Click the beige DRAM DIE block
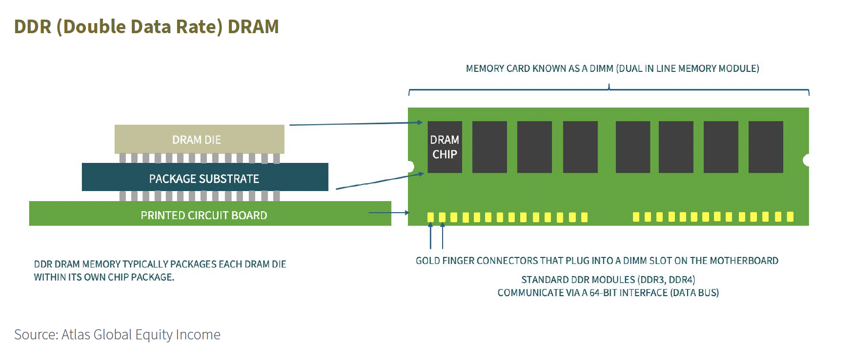(199, 139)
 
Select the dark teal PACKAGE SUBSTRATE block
(205, 177)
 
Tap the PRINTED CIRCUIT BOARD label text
(204, 215)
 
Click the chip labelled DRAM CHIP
(445, 147)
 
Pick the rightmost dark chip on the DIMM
(766, 147)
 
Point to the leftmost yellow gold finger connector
(431, 217)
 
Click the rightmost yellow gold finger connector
(790, 216)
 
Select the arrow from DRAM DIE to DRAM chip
(356, 124)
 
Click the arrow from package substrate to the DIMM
(380, 181)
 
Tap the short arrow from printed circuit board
(389, 213)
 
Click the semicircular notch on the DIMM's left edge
(411, 166)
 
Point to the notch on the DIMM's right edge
(806, 160)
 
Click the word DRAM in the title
(253, 27)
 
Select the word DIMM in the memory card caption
(601, 69)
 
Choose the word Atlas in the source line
(75, 334)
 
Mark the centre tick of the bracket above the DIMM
(609, 87)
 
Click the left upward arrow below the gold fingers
(431, 236)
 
